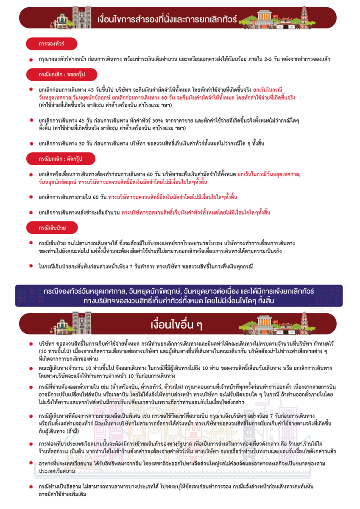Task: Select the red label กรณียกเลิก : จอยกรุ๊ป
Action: [61, 75]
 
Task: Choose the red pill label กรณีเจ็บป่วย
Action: [52, 228]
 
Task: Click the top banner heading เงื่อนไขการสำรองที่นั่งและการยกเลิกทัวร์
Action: [167, 19]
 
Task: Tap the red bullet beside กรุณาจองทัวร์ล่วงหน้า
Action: [31, 59]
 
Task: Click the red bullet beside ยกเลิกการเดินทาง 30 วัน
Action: [31, 143]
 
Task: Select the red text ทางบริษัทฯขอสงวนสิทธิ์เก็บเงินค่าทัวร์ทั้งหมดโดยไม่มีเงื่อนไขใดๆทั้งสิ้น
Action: [195, 212]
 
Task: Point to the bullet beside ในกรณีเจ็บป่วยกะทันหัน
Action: [31, 266]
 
